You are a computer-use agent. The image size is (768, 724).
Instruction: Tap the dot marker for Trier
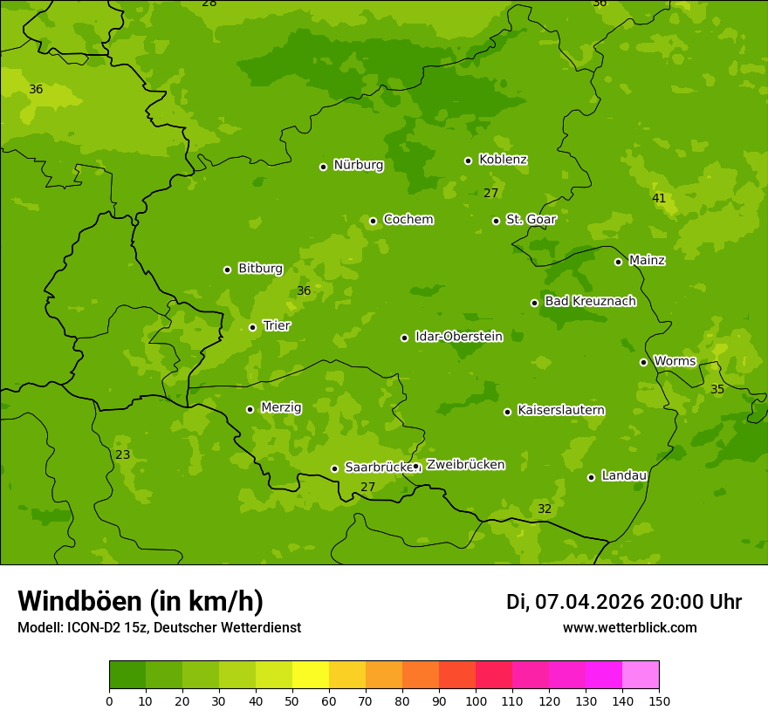tap(252, 327)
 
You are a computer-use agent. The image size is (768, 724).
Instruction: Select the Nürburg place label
tap(358, 165)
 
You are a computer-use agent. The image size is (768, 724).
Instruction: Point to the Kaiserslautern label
tap(560, 410)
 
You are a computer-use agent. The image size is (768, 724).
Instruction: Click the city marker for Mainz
tap(618, 262)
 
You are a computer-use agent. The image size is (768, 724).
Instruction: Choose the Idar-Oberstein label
tap(458, 336)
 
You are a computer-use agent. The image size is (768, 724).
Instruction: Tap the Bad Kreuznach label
tap(590, 301)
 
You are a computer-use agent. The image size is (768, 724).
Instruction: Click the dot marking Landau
tap(591, 477)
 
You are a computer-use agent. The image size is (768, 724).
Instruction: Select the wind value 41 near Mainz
tap(659, 198)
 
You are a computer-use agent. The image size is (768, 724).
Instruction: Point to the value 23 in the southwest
tap(123, 454)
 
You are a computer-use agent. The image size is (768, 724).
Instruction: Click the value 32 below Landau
tap(545, 509)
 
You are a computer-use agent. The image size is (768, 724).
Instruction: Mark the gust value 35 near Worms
tap(717, 389)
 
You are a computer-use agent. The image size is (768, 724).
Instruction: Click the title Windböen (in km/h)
tap(141, 601)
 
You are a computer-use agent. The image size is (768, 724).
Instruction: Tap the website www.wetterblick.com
tap(629, 627)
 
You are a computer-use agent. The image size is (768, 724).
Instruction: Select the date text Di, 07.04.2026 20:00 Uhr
tap(623, 602)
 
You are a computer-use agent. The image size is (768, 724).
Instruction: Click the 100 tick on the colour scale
tap(476, 700)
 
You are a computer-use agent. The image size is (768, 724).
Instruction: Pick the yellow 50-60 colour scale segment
tap(311, 675)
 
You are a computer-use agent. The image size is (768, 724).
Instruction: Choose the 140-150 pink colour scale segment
tap(641, 675)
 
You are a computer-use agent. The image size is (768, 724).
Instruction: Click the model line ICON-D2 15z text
tap(159, 627)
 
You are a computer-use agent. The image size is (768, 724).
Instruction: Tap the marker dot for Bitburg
tap(227, 270)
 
